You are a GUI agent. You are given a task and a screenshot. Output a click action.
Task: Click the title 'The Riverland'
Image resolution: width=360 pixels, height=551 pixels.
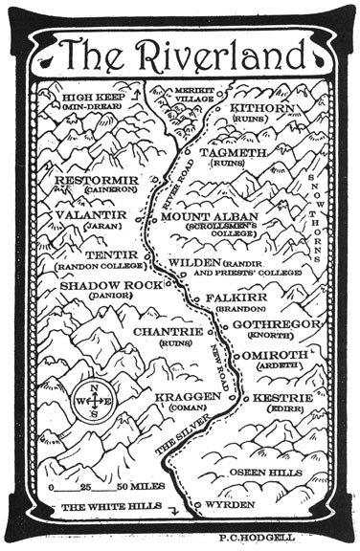[179, 55]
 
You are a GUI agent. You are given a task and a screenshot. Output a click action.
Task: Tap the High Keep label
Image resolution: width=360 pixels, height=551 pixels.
[92, 98]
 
